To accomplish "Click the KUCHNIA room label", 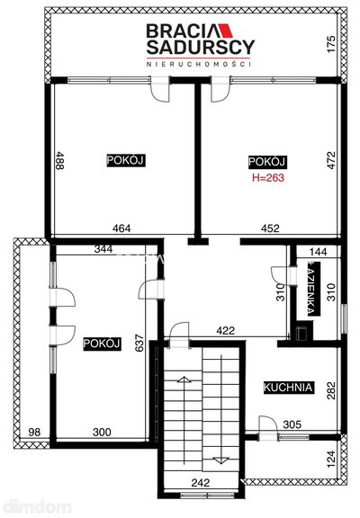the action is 288,387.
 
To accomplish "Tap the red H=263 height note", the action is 268,178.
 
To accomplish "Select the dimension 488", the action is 59,161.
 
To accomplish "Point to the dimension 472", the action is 331,161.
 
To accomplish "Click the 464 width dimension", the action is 121,228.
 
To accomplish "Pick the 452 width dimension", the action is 270,228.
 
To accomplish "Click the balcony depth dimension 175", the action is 331,44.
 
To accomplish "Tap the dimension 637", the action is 139,343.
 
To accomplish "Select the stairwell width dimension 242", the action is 201,483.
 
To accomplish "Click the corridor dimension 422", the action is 226,330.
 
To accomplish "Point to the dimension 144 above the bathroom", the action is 318,252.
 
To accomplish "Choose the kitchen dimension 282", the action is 331,391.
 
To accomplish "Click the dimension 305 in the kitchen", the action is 292,424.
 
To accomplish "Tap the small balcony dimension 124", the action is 331,459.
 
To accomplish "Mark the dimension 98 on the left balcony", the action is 34,432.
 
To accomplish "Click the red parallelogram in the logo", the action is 225,31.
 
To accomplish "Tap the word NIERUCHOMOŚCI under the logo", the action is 198,64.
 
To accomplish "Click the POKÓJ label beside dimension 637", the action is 102,344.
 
